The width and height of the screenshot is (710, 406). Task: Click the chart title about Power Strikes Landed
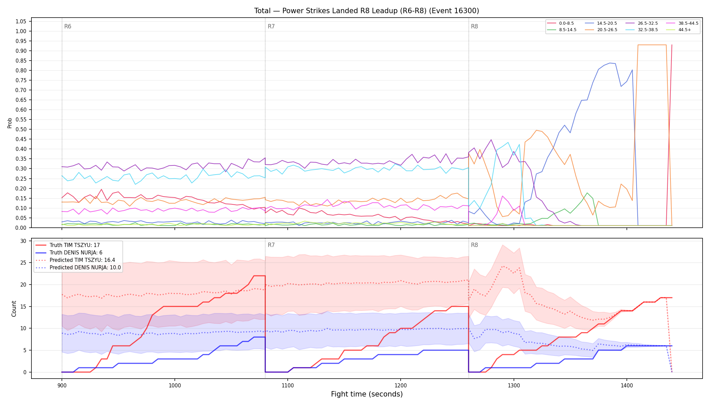366,11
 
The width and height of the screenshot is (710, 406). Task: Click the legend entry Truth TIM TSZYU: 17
68,245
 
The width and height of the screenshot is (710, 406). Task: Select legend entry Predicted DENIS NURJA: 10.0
78,268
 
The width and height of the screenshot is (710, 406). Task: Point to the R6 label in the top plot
68,26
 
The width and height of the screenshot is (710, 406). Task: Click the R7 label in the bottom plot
271,245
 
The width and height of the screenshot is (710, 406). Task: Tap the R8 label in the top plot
474,26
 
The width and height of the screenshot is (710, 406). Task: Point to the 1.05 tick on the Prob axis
21,22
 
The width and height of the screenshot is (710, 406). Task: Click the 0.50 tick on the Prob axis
21,130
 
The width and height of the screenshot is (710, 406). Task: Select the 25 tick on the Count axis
23,263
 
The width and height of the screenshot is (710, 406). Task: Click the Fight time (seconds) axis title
367,394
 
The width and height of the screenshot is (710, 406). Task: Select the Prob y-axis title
10,123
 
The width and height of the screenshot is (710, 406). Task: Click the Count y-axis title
14,309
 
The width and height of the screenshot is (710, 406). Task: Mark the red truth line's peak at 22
259,276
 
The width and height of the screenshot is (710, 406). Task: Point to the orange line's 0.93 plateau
652,45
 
